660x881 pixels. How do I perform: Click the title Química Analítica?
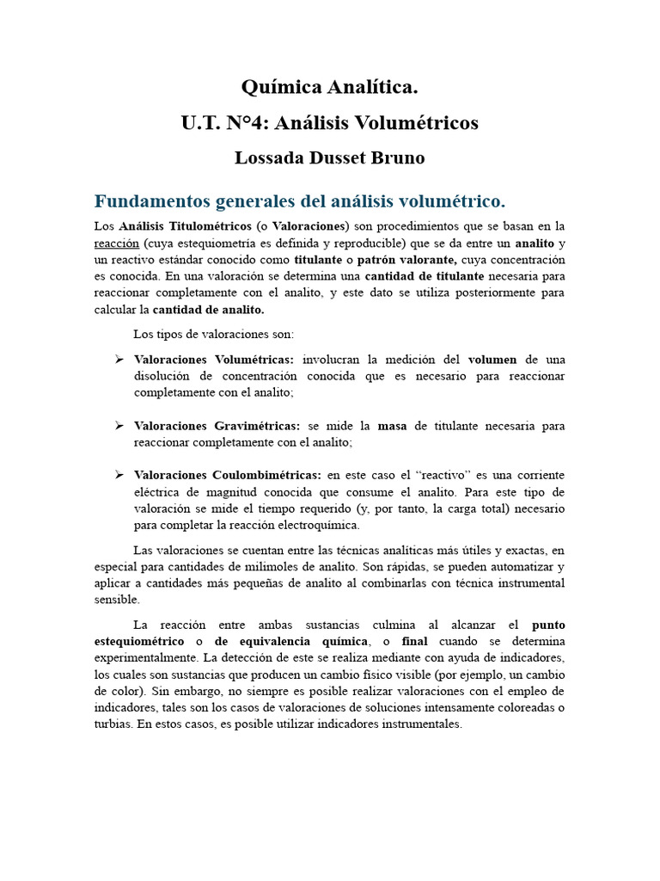[329, 88]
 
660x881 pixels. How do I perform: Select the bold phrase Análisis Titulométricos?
[177, 226]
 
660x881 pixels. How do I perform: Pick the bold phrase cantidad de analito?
[209, 309]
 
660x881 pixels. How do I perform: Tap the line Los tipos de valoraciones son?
[213, 334]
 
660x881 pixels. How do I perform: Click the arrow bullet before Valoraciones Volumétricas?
[120, 359]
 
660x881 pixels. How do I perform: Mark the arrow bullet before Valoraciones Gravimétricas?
[120, 426]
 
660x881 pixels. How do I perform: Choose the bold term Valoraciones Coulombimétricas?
[228, 475]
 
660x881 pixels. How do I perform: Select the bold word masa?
[392, 426]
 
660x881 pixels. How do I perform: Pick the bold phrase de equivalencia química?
[290, 641]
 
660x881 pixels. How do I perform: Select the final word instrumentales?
[420, 724]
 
